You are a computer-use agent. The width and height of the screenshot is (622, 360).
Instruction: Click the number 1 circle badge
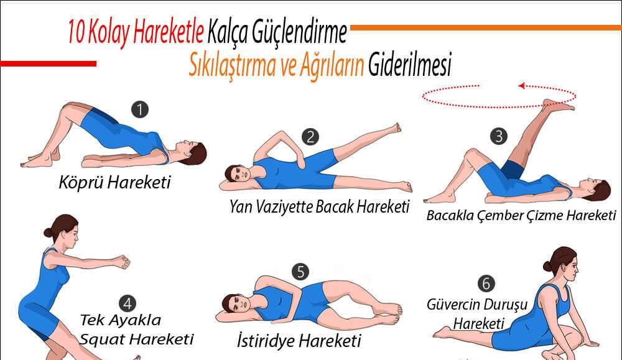coord(139,109)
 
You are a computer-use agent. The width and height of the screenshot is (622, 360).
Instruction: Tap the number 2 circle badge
coord(310,137)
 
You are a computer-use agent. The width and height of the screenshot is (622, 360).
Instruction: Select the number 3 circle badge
coord(499,136)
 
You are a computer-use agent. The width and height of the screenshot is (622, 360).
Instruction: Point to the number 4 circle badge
coord(128,303)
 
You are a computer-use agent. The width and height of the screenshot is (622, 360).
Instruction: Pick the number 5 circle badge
coord(300,272)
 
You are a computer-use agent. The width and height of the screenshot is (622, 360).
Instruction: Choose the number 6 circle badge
coord(486,284)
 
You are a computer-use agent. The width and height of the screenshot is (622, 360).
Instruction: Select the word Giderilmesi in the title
coord(410,65)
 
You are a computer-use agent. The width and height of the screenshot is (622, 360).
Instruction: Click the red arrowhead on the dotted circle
coord(522,86)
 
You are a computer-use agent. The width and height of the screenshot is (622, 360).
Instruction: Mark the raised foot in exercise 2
coord(395,127)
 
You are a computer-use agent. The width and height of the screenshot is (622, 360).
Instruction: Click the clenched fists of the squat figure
coord(123,261)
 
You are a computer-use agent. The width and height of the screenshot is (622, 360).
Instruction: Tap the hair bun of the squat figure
coord(48,233)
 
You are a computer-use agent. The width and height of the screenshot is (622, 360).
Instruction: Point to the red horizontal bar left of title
coord(48,63)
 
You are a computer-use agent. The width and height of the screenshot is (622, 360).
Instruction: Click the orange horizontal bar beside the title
coord(486,28)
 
